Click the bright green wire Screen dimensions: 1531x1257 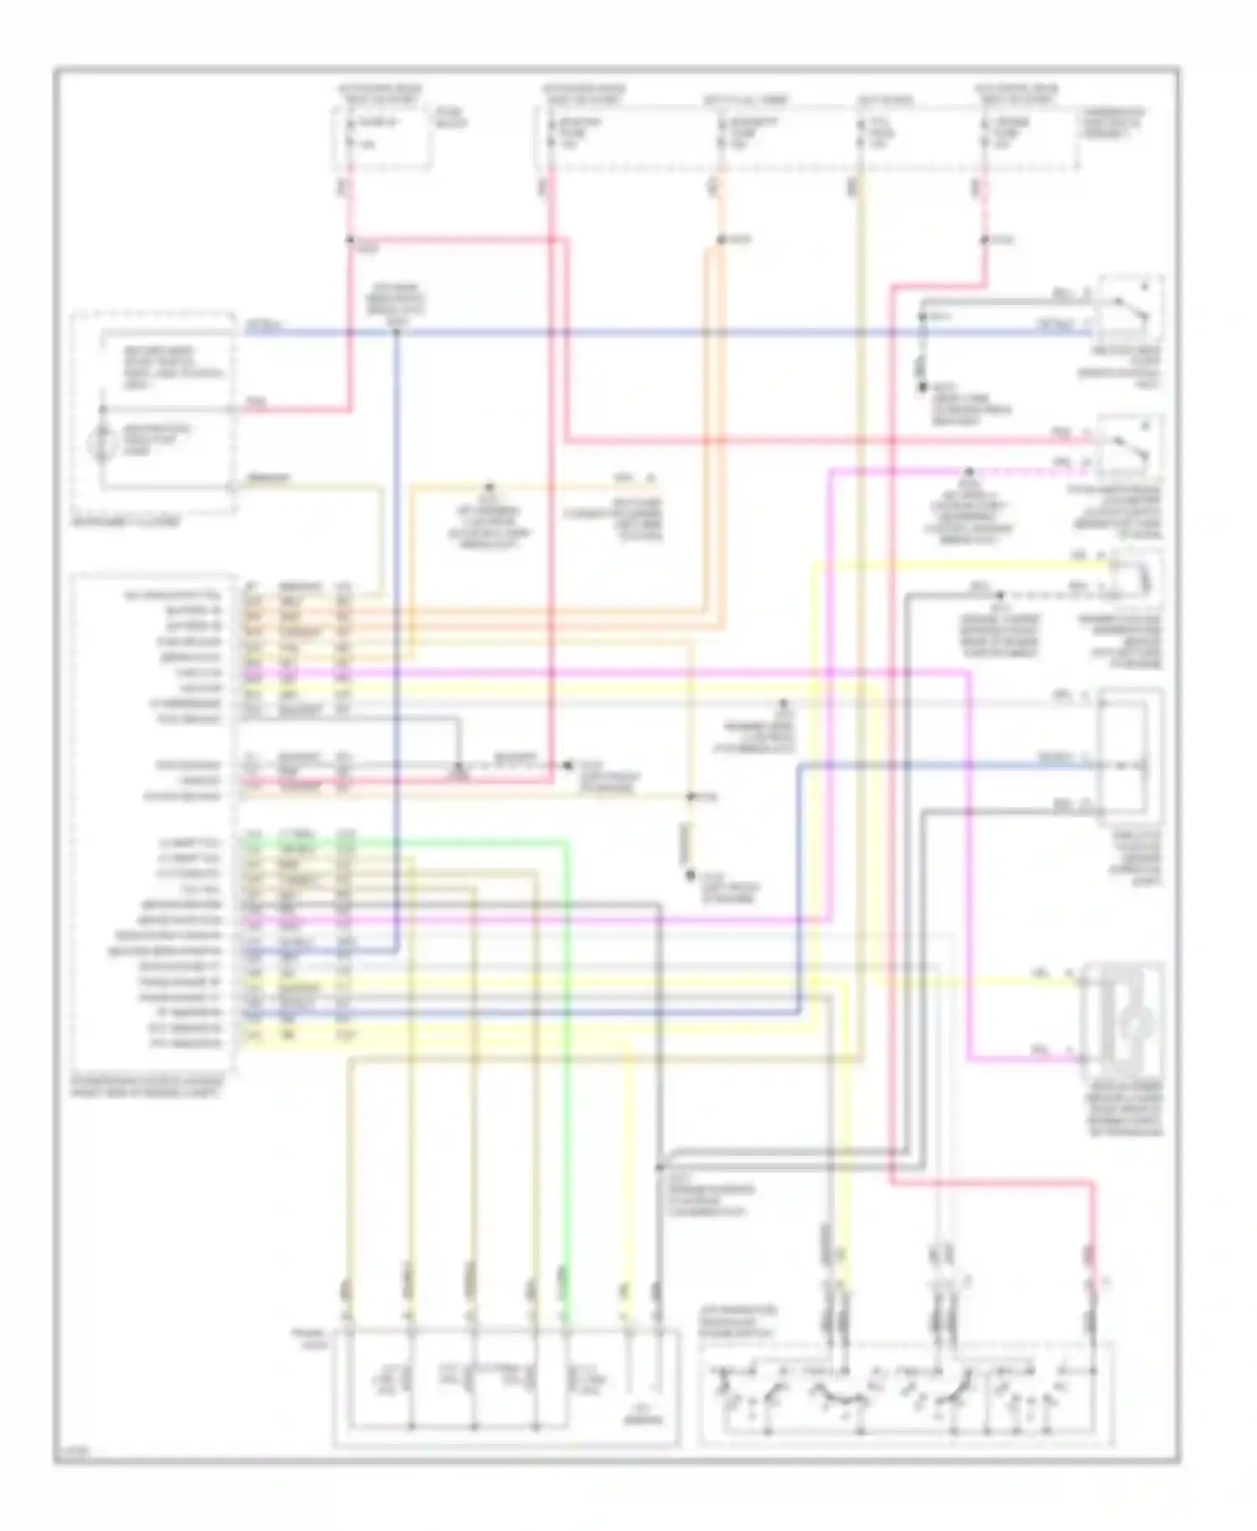point(567,1047)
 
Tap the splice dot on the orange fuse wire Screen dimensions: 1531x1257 point(721,241)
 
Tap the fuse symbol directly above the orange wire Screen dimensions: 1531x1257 point(721,134)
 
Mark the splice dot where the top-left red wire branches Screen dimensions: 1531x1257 point(349,241)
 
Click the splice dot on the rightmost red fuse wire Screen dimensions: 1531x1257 point(985,241)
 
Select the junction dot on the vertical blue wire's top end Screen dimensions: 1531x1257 point(396,332)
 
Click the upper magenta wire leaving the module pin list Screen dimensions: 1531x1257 point(587,671)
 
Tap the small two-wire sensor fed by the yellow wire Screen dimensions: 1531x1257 point(1140,577)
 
